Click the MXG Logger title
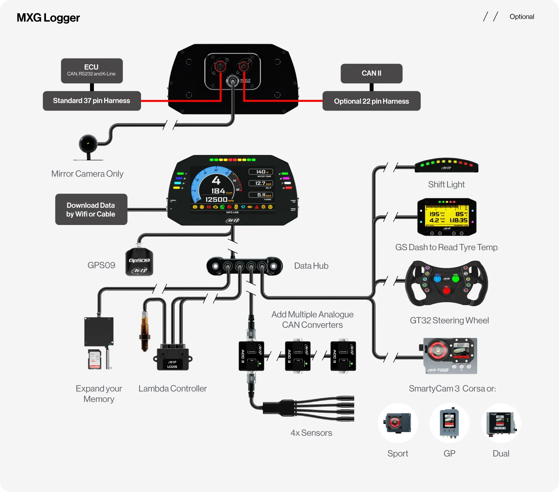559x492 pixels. point(48,18)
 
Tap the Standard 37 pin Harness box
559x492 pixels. point(92,101)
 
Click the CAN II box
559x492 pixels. point(371,73)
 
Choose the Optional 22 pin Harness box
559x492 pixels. point(371,101)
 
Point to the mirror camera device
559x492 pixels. point(88,144)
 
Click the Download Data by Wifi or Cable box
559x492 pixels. point(91,209)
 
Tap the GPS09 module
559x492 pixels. point(139,262)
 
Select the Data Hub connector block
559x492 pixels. point(245,266)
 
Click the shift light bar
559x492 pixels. point(446,166)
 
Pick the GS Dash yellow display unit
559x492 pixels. point(447,217)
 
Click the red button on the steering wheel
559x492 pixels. point(446,291)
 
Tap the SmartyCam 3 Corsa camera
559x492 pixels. point(450,356)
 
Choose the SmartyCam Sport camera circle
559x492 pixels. point(398,423)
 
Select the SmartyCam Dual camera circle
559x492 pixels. point(501,423)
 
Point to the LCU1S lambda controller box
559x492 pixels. point(172,359)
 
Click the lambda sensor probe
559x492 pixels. point(145,331)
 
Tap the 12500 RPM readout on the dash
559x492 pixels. point(216,199)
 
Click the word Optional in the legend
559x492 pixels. point(521,17)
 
